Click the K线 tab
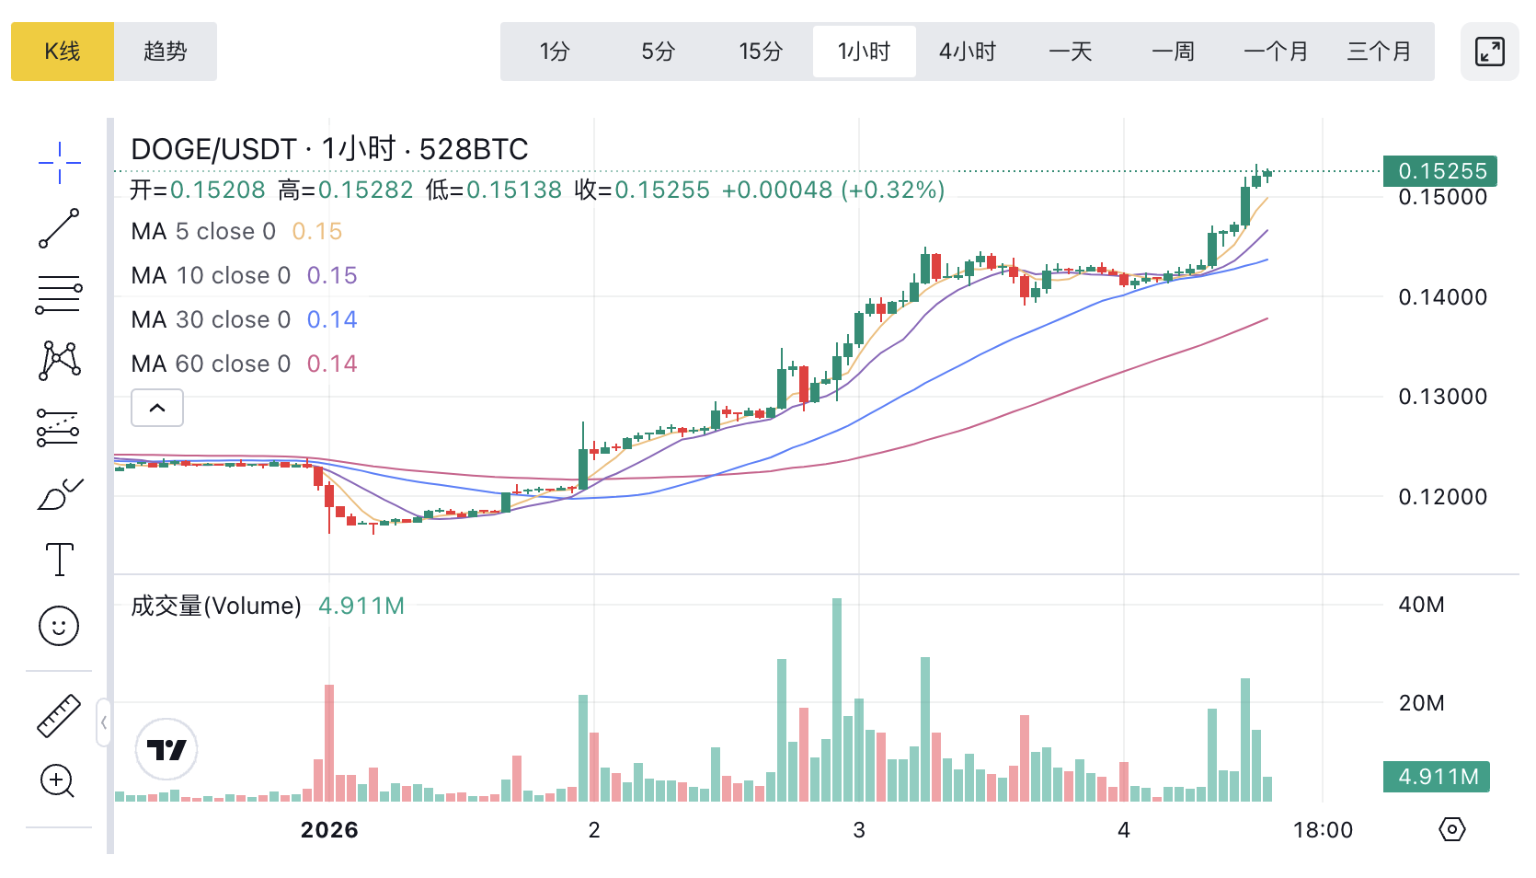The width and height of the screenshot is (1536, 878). [x=63, y=52]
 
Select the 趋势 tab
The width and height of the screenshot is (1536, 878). [x=166, y=52]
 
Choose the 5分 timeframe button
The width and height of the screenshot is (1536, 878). [x=658, y=52]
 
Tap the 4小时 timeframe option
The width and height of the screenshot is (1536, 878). [x=967, y=52]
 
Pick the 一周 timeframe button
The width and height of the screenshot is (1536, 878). [x=1173, y=52]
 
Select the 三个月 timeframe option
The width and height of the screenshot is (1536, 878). [x=1379, y=52]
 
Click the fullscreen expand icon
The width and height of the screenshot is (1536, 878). [x=1489, y=52]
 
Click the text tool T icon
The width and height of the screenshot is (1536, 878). [x=60, y=559]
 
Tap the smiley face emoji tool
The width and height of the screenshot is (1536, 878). [x=59, y=626]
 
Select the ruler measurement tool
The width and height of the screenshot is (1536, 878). [x=59, y=715]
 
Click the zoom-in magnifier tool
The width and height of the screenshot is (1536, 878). [x=58, y=781]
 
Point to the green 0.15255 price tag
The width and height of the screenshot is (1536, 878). [x=1440, y=171]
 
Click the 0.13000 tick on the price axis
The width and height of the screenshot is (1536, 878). [x=1442, y=397]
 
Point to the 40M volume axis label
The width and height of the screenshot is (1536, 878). [x=1421, y=605]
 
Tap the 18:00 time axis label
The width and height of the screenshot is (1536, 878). [x=1323, y=830]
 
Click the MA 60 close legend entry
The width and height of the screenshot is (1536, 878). [x=211, y=364]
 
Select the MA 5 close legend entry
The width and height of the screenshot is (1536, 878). [x=203, y=231]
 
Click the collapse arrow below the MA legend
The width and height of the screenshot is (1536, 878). [x=157, y=408]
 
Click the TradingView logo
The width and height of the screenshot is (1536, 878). [x=166, y=749]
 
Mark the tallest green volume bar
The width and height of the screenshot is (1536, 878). [x=837, y=699]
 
